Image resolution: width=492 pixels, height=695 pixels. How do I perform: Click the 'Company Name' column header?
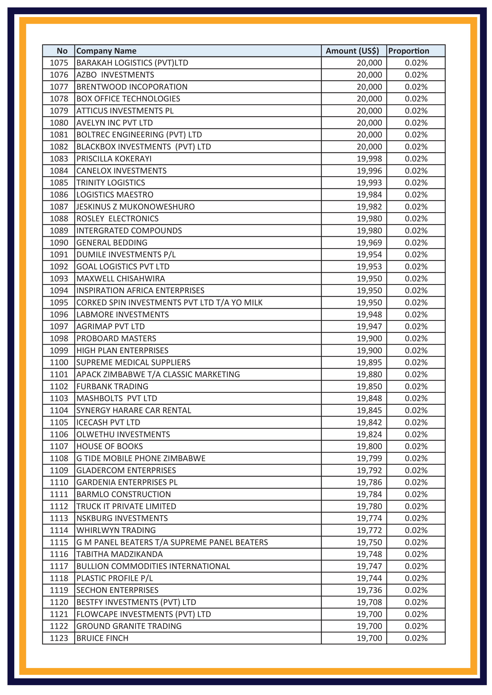[x=106, y=51]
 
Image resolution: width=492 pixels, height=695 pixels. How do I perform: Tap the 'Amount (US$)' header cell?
[x=352, y=51]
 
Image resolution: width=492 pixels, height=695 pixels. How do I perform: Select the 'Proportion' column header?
[x=408, y=51]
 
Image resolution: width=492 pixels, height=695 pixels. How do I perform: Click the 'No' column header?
[x=62, y=51]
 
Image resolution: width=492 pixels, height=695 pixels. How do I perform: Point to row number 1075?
[x=59, y=63]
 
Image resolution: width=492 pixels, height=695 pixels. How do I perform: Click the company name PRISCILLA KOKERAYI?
[x=114, y=159]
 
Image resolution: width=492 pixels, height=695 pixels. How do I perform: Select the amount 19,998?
[x=369, y=159]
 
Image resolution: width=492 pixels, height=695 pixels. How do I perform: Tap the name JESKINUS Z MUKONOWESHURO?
[x=135, y=207]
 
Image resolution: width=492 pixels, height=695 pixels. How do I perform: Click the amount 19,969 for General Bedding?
[x=369, y=242]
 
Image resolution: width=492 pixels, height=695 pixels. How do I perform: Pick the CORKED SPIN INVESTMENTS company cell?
[x=169, y=302]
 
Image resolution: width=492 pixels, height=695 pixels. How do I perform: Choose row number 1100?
[x=59, y=362]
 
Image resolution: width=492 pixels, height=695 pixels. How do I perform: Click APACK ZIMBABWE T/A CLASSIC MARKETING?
[x=158, y=374]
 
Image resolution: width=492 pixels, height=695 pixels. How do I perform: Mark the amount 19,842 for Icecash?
[x=369, y=422]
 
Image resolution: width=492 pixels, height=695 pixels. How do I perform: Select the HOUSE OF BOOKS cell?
[x=110, y=446]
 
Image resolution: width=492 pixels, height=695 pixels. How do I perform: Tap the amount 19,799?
[x=369, y=458]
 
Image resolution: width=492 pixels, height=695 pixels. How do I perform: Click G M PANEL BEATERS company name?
[x=172, y=542]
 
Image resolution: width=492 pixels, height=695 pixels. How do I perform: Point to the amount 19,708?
[x=369, y=602]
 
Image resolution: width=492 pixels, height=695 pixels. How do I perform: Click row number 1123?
[x=59, y=638]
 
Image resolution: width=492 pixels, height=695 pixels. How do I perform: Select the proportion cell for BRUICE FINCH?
[x=416, y=638]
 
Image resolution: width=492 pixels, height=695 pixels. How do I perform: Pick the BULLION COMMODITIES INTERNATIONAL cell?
[x=153, y=566]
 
